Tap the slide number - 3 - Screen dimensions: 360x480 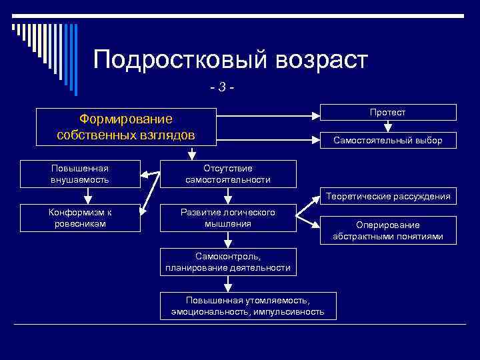point(223,87)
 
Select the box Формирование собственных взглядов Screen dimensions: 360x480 point(125,127)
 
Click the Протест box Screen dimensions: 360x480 point(387,112)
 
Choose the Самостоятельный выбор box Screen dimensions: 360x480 point(387,140)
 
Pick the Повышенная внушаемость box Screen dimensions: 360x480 point(80,174)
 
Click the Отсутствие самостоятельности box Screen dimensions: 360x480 point(228,174)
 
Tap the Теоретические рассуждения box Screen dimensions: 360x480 point(387,195)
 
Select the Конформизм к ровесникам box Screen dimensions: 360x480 point(80,218)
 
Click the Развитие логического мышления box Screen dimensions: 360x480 point(228,218)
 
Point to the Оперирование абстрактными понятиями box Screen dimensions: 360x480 point(387,231)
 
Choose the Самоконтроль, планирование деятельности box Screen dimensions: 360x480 point(228,262)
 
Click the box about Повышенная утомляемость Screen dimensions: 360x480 point(247,306)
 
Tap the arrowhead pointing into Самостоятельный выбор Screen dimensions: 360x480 point(317,140)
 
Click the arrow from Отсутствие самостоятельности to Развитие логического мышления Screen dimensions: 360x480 point(228,196)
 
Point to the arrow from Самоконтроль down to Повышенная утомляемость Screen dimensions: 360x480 point(228,284)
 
